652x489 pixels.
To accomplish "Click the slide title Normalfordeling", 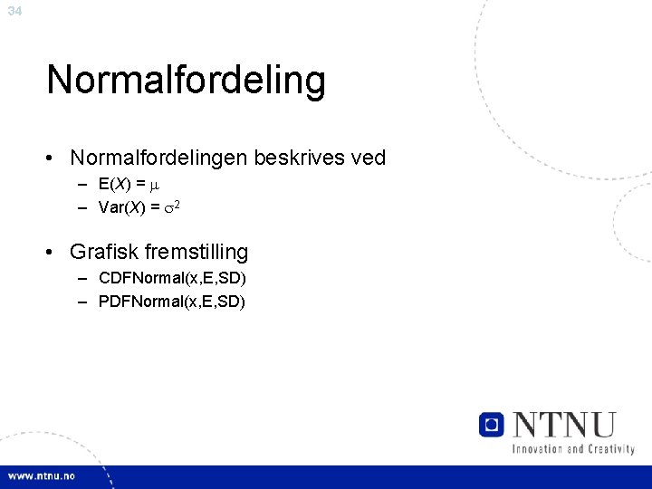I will pos(186,80).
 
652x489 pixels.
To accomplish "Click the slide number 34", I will pos(14,11).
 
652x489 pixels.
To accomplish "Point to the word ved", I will pos(367,158).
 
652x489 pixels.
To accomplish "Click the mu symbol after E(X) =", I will pos(154,186).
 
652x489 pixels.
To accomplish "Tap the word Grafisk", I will pos(103,252).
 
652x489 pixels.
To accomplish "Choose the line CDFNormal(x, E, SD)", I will pos(172,278).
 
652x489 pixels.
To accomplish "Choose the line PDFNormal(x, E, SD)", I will pos(172,301).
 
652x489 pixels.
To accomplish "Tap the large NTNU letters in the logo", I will pos(564,424).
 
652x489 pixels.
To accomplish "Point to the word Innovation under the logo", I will pos(542,448).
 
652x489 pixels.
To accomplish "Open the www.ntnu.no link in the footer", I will pos(43,476).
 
